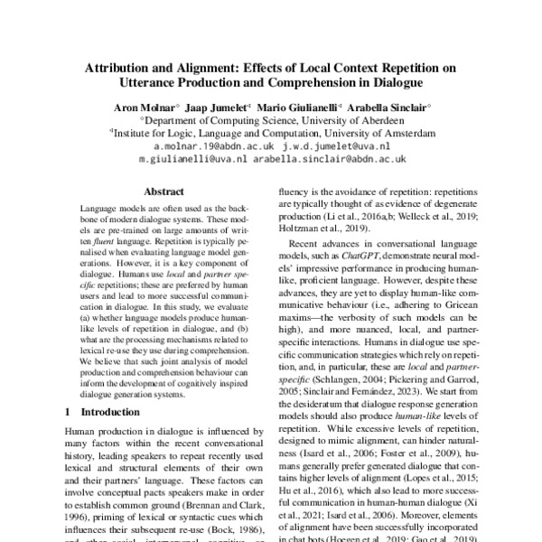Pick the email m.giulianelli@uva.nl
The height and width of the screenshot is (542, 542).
pos(192,158)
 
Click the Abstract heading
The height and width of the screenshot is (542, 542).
pos(164,192)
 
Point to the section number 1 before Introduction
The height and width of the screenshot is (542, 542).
pos(70,412)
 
